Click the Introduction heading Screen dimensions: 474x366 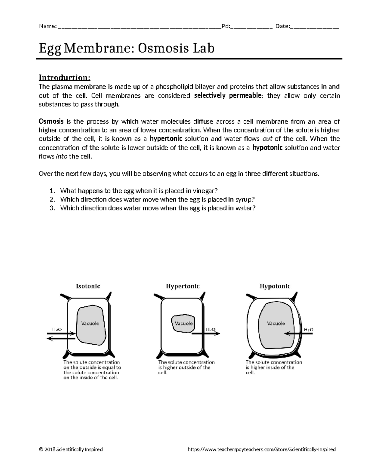coord(64,78)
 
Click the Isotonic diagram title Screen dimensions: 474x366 coord(88,286)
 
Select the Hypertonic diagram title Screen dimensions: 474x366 coord(183,286)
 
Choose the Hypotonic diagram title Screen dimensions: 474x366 coord(275,286)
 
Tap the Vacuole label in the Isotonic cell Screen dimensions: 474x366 coord(90,323)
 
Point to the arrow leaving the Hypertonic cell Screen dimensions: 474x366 coord(206,334)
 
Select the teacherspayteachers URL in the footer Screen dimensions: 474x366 coord(262,449)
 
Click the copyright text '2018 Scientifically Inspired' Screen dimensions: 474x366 coord(71,449)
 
